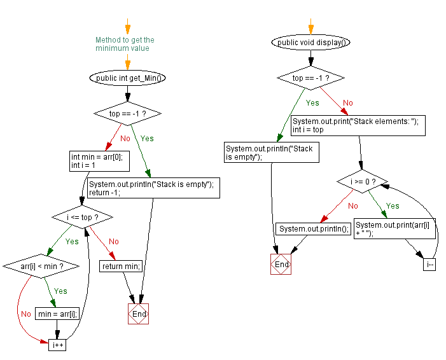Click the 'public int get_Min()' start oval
coord(127,78)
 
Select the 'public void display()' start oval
coord(310,43)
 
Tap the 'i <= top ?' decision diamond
coord(83,218)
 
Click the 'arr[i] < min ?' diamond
coord(41,266)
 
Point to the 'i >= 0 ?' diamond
coord(363,181)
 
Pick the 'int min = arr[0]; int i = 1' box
coord(99,161)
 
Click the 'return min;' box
coord(121,266)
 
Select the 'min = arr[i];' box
coord(57,314)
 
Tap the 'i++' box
coord(57,345)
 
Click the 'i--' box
coord(429,265)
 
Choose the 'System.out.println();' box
coord(314,228)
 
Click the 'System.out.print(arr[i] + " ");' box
coord(394,228)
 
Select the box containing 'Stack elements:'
coord(358,125)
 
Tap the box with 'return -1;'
coord(153,188)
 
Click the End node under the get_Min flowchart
coord(139,314)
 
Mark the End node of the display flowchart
coord(281,264)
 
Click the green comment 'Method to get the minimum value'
coord(125,44)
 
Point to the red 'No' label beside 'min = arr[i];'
coord(26,314)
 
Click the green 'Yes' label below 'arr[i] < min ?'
coord(60,291)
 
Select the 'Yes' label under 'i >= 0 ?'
coord(393,205)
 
